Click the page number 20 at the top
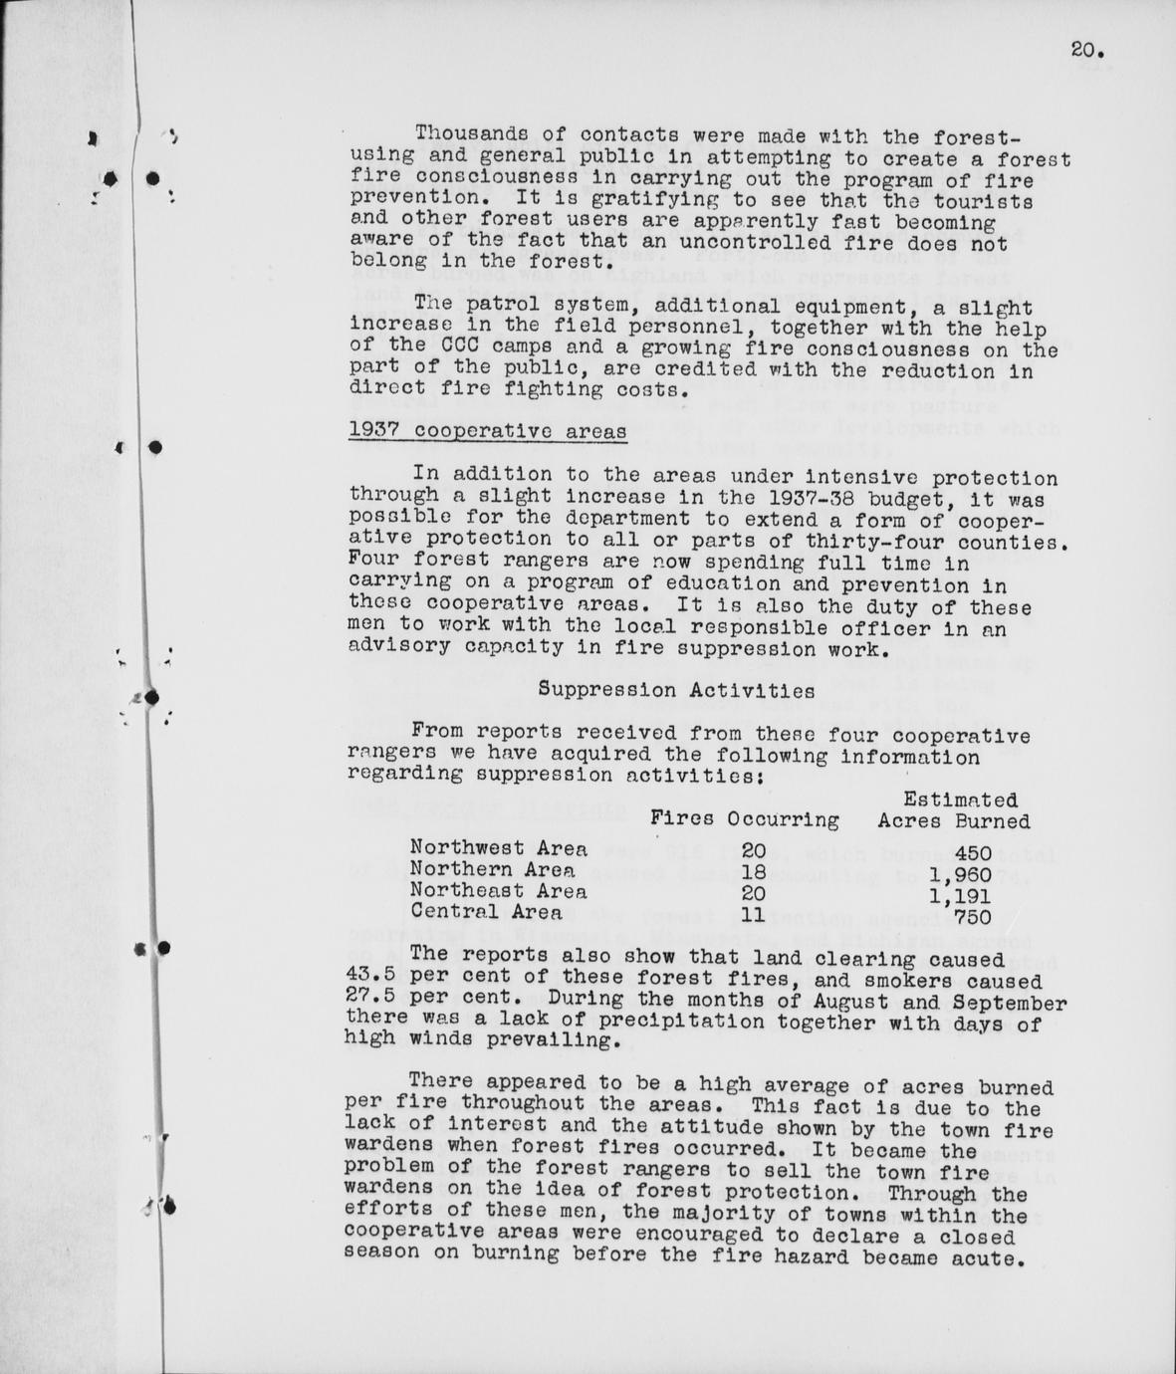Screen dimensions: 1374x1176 [x=1088, y=50]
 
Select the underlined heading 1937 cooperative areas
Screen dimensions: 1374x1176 [x=488, y=431]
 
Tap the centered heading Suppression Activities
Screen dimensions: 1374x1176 [x=676, y=689]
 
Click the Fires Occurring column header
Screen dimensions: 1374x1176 [x=744, y=819]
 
